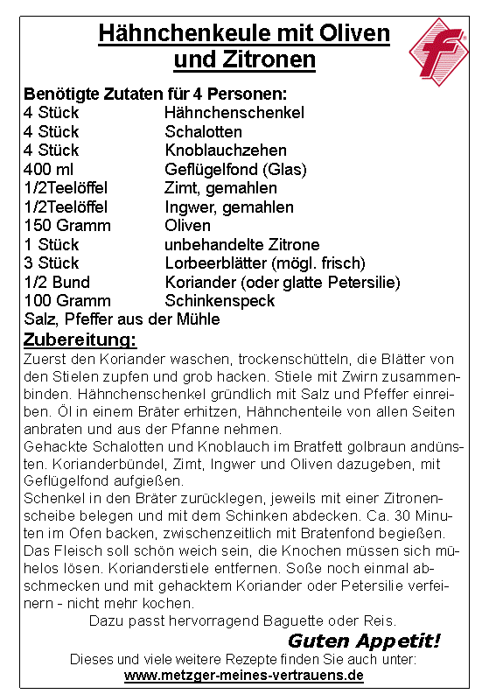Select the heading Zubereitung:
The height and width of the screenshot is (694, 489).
click(80, 339)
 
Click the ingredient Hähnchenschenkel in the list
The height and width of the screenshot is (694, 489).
click(234, 113)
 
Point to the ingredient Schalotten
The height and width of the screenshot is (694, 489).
click(203, 132)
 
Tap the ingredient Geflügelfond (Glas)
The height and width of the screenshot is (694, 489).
click(235, 169)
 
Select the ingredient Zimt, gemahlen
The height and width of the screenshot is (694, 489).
click(220, 188)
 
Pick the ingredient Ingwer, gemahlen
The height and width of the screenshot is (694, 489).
click(228, 207)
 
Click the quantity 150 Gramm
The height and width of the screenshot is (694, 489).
click(67, 226)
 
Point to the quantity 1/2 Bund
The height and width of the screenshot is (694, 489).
click(57, 282)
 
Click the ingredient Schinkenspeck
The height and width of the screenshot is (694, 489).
click(220, 301)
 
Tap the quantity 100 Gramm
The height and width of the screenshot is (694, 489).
click(67, 301)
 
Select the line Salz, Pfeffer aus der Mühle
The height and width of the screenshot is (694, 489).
click(122, 319)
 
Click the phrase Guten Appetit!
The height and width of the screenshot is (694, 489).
click(364, 641)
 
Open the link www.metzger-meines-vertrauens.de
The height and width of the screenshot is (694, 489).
click(243, 676)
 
